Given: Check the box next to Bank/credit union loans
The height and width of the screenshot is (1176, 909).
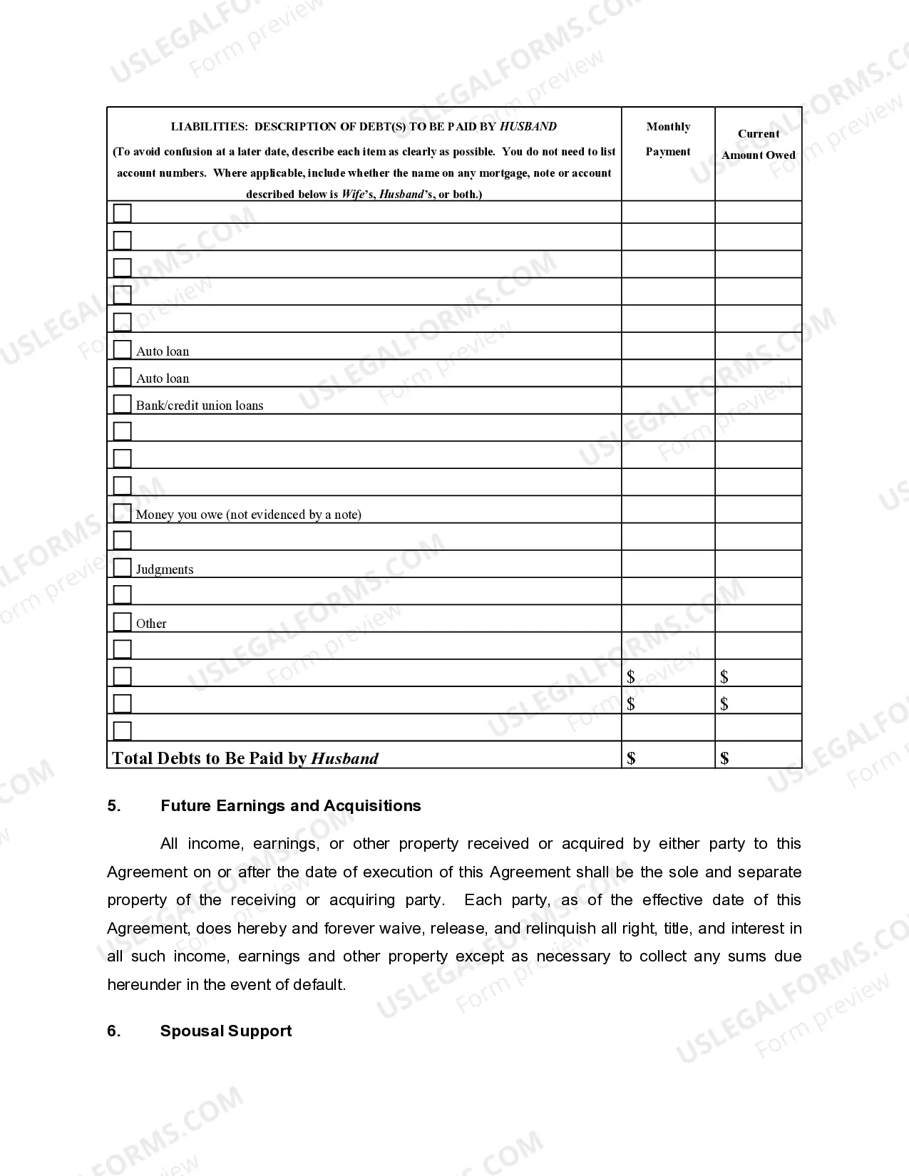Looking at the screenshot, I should click(123, 403).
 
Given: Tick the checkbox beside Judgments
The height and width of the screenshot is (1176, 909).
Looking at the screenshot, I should click(123, 567).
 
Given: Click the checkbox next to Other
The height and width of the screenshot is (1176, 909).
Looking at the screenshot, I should click(123, 621).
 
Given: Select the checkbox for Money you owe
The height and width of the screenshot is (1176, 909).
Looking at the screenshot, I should click(123, 512).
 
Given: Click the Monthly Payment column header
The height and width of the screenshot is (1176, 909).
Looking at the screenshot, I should click(668, 139).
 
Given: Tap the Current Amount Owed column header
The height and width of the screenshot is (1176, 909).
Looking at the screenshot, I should click(758, 144).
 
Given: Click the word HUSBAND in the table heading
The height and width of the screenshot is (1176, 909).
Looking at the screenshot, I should click(528, 127).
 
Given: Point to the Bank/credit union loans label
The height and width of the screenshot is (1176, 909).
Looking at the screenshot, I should click(200, 406).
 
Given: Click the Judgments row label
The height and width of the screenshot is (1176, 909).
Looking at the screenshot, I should click(165, 569).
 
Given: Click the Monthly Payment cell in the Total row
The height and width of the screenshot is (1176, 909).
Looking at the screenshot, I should click(668, 757).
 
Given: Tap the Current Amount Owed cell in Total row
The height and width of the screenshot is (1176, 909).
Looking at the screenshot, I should click(759, 757).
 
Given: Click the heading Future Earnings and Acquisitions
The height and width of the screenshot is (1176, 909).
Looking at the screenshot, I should click(290, 806).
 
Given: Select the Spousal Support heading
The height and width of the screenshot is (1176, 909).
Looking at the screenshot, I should click(226, 1031).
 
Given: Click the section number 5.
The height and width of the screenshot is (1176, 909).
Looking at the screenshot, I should click(114, 806).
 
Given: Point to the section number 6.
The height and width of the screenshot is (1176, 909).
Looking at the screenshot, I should click(114, 1031).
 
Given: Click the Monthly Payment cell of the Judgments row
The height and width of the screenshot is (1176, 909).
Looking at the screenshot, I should click(668, 564).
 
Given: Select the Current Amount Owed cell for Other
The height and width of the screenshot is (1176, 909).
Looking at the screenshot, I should click(759, 619).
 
